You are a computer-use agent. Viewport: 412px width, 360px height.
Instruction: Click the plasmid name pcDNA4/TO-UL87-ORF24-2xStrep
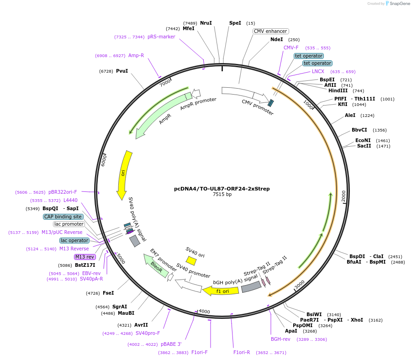coord(222,188)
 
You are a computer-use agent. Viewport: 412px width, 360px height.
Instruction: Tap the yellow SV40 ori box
coord(191,260)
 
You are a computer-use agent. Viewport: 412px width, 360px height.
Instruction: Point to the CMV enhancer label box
coord(270,32)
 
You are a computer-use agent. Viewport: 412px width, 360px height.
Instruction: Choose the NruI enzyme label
coord(206,23)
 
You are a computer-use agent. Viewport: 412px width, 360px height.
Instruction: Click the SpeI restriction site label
coord(235,23)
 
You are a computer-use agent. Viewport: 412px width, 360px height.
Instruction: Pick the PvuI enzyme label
coord(122,71)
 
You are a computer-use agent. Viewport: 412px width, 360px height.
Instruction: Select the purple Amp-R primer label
coord(136,56)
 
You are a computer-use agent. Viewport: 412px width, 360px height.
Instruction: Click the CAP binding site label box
coord(63,217)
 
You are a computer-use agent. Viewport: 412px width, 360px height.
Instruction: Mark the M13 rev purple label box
coord(85,257)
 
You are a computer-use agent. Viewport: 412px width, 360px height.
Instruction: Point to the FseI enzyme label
coord(109,293)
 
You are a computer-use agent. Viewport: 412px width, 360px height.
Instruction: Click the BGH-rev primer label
coord(280,339)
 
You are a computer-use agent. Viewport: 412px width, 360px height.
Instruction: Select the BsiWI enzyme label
coord(314,314)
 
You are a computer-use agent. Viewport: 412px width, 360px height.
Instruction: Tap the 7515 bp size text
coord(222,194)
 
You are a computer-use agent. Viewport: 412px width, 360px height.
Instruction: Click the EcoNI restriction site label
coord(363,140)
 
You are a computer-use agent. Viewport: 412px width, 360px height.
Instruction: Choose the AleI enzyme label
coord(350,115)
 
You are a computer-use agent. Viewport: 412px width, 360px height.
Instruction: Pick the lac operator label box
coord(74,240)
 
